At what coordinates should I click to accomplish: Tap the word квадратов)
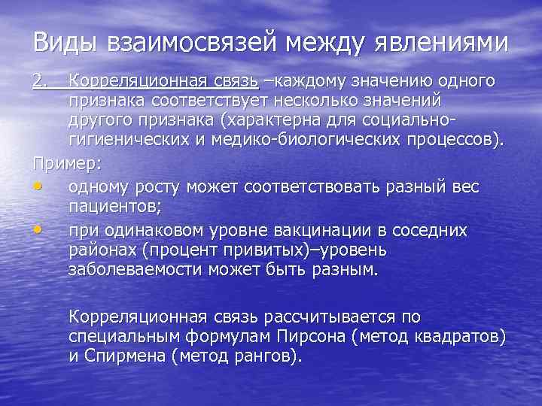click(x=458, y=336)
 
